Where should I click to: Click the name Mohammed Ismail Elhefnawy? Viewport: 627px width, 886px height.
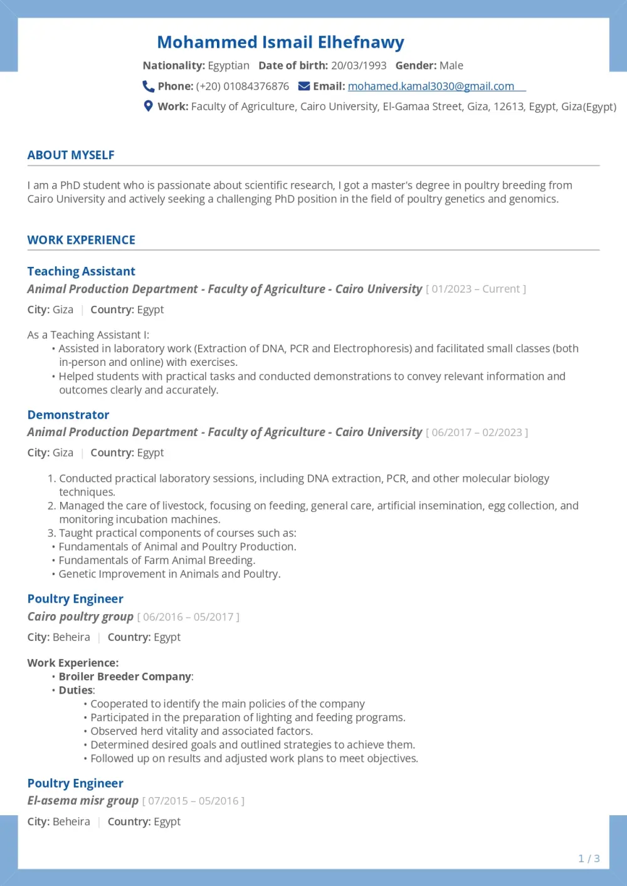coord(280,42)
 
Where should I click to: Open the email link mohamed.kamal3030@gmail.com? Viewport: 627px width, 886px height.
coord(431,86)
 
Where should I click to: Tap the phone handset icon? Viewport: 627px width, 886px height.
coord(148,86)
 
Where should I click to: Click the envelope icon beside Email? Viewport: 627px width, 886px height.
coord(304,86)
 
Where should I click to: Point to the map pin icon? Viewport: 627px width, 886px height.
coord(148,107)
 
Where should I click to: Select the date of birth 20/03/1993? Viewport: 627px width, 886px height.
coord(359,66)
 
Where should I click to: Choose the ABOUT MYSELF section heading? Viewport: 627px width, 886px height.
coord(71,155)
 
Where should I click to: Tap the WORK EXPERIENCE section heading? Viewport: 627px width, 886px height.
coord(81,240)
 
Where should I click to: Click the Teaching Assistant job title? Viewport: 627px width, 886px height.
coord(81,271)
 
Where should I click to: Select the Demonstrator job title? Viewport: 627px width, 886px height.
coord(68,415)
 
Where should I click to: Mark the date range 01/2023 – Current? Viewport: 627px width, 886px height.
coord(476,289)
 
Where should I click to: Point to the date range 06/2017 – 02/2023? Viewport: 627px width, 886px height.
coord(477,432)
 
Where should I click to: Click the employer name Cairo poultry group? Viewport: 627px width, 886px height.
coord(80,617)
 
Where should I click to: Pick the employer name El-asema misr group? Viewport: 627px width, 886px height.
coord(83,801)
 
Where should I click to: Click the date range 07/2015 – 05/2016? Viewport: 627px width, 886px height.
coord(193,801)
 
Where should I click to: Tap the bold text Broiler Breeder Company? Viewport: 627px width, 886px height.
coord(125,677)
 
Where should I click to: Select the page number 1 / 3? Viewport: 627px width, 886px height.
coord(589,858)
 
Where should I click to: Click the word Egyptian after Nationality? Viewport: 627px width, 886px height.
coord(228,66)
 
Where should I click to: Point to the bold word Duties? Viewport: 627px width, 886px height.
coord(76,691)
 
